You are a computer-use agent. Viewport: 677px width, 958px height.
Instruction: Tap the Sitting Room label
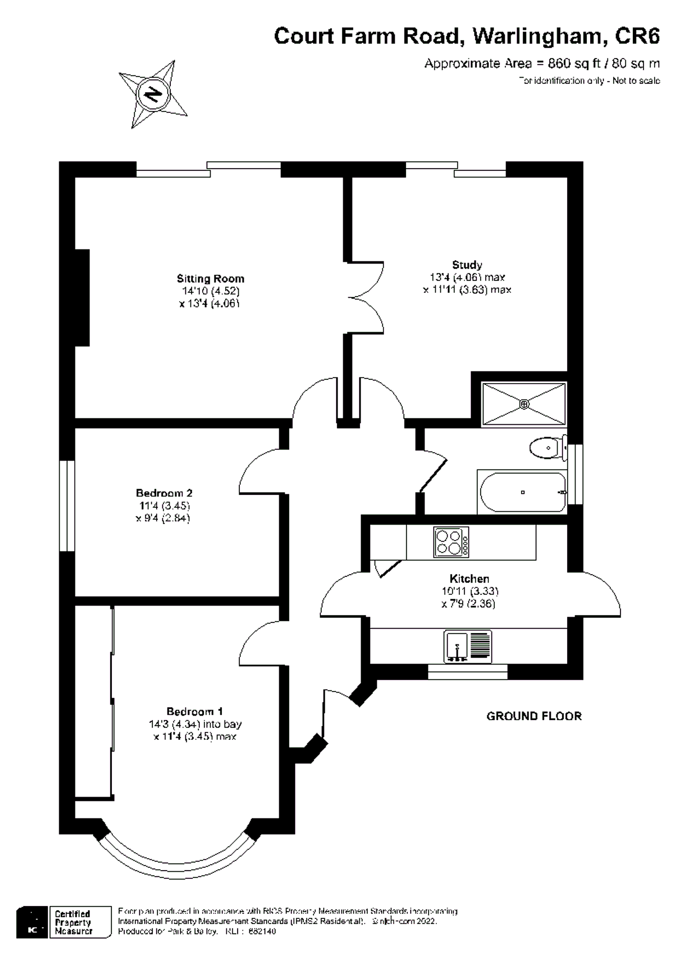[x=210, y=279]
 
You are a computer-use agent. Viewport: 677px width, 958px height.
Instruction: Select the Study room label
[x=467, y=265]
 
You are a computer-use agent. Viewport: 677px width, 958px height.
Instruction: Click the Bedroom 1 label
[x=194, y=711]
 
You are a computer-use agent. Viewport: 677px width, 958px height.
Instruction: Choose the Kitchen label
[x=469, y=579]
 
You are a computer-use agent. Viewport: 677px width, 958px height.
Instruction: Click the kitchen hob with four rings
[x=451, y=542]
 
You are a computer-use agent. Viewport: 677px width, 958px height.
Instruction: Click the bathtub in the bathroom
[x=522, y=492]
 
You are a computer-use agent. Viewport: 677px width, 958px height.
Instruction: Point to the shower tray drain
[x=524, y=404]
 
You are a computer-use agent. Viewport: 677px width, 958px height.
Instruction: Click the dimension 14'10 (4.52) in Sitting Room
[x=210, y=291]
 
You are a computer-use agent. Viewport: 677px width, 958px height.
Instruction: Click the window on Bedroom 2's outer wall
[x=67, y=506]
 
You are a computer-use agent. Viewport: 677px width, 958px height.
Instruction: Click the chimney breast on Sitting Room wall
[x=82, y=298]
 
